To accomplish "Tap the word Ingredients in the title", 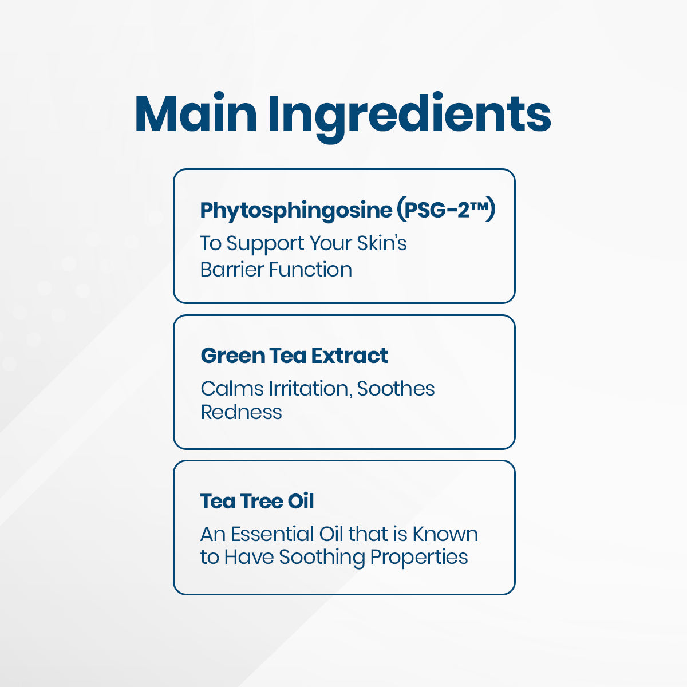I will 409,114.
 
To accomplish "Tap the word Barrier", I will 232,269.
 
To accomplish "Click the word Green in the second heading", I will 226,356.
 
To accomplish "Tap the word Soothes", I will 396,389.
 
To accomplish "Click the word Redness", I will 241,412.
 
